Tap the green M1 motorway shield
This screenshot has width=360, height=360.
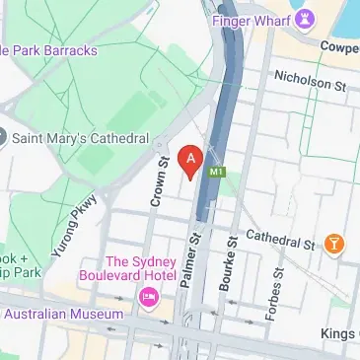click(x=217, y=171)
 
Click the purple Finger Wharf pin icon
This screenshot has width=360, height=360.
click(x=306, y=17)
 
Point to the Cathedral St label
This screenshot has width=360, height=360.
click(x=280, y=239)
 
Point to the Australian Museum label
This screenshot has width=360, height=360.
click(x=64, y=314)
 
